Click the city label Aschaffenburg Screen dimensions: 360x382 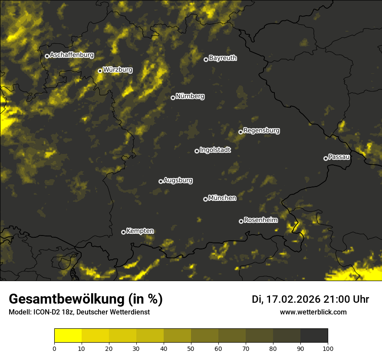(x=72, y=55)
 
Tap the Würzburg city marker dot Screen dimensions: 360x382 (x=100, y=71)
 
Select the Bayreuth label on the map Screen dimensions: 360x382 (x=223, y=58)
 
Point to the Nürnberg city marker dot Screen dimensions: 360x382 (x=173, y=98)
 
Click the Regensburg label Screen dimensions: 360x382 (x=261, y=130)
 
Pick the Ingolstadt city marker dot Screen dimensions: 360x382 (x=197, y=151)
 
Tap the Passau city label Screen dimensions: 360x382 (x=339, y=157)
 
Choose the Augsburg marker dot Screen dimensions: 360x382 (x=161, y=181)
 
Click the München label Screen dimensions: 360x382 (x=222, y=198)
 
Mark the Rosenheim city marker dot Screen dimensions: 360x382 (x=241, y=221)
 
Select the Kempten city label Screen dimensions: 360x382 (x=140, y=231)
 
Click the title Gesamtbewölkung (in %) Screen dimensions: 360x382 (x=86, y=299)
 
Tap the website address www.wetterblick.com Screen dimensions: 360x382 (x=313, y=312)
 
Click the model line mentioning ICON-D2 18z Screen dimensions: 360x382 (x=79, y=312)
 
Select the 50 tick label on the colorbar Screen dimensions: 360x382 (x=191, y=348)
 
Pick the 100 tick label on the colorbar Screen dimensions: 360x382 (x=328, y=348)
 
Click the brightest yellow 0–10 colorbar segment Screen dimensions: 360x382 (x=68, y=336)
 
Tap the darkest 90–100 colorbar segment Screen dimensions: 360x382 (x=314, y=336)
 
